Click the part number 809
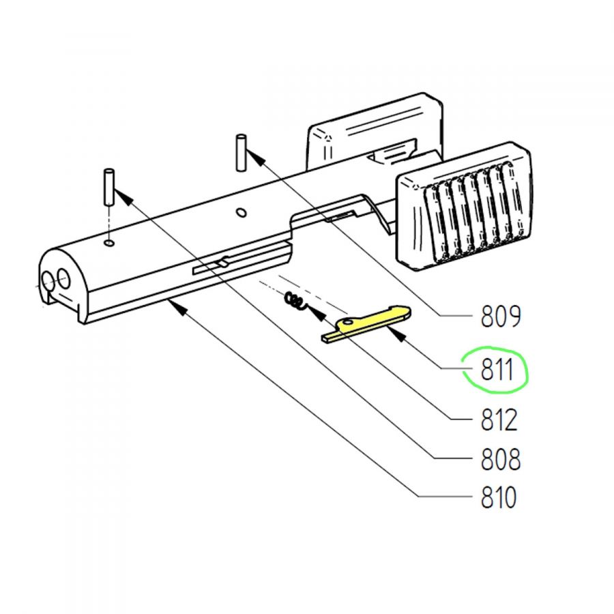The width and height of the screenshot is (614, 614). (501, 316)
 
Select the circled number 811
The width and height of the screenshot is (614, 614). (497, 370)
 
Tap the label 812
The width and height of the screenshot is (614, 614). (499, 420)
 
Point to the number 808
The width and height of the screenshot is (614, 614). (501, 459)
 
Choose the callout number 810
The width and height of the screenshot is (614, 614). (499, 497)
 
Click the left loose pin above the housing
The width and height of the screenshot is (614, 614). (109, 186)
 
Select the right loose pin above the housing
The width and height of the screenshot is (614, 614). (241, 153)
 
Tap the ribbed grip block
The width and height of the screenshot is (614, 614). (464, 206)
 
